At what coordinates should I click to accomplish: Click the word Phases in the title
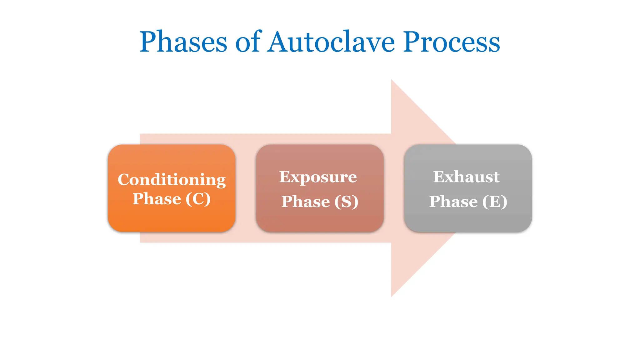[183, 42]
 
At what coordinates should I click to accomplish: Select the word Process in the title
[451, 42]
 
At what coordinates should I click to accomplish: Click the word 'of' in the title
[247, 42]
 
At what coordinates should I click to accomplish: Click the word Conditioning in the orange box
[172, 180]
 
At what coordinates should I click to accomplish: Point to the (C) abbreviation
[198, 199]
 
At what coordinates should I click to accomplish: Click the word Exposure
[318, 177]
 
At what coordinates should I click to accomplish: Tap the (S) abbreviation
[346, 202]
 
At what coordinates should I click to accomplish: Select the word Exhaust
[466, 177]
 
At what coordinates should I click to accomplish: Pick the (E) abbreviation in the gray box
[494, 202]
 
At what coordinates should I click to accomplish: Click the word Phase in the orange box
[157, 199]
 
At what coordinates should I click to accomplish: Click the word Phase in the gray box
[453, 202]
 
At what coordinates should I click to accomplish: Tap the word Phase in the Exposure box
[306, 202]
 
